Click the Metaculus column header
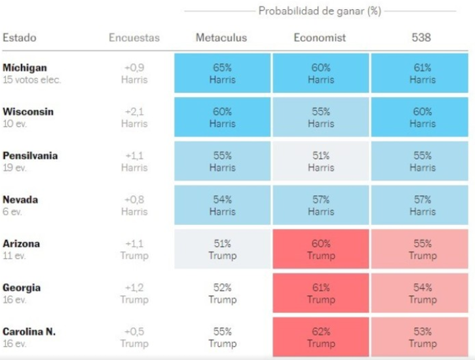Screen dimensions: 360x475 (221, 37)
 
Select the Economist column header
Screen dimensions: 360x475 (320, 37)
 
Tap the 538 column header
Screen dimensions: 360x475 (422, 37)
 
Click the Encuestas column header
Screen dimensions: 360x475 (134, 37)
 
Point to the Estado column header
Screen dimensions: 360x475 (20, 37)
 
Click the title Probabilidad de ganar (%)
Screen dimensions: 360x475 (320, 11)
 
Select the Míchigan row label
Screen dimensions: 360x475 (25, 68)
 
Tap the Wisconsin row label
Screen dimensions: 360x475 (28, 111)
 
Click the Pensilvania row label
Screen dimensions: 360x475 (30, 155)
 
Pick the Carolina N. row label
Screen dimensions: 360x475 (29, 332)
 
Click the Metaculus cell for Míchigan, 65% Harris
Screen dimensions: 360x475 (222, 73)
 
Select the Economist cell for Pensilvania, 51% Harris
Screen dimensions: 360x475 (320, 161)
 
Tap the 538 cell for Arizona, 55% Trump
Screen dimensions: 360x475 (422, 249)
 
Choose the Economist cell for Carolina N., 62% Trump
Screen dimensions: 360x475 (320, 337)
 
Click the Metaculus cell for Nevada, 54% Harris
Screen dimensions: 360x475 (222, 205)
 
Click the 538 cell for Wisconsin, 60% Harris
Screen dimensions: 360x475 (422, 117)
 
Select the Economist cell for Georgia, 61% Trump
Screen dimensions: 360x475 (320, 293)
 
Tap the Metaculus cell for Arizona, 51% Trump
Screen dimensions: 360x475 (222, 249)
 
